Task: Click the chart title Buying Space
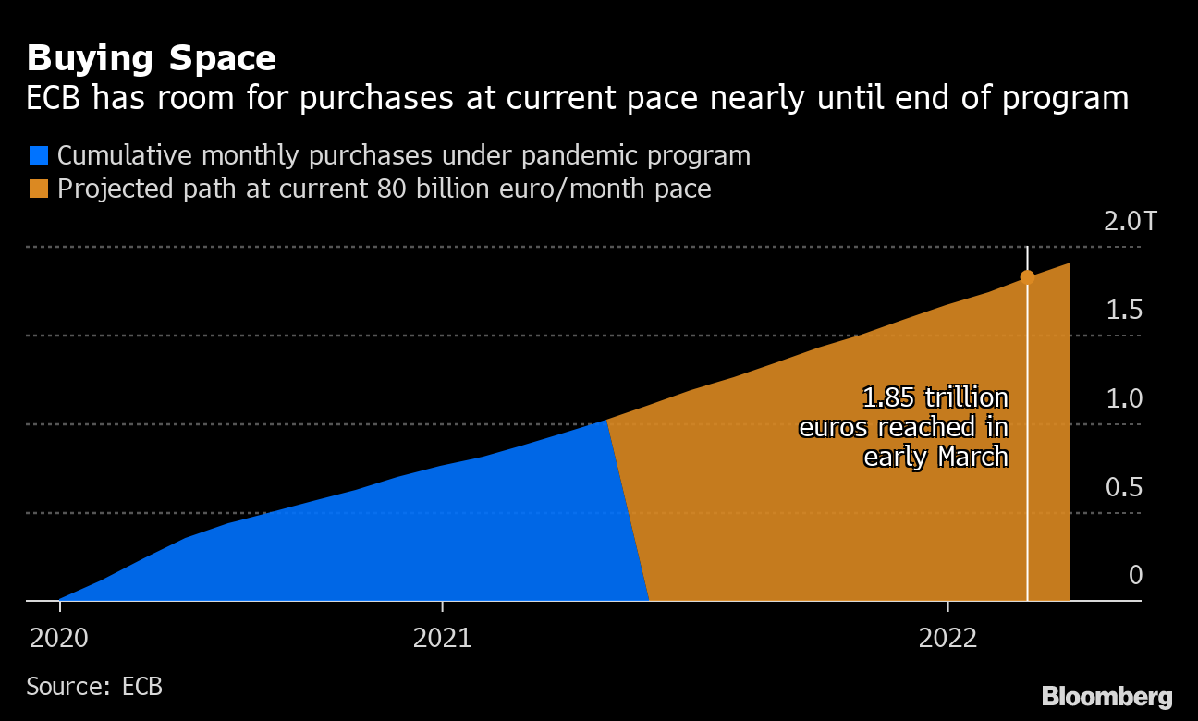click(151, 59)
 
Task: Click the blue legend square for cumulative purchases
click(38, 155)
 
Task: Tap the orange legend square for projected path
click(38, 189)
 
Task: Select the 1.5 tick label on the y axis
click(1124, 311)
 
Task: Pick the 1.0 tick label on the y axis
click(1124, 399)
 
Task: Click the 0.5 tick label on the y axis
click(1124, 487)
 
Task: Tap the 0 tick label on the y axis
click(1135, 576)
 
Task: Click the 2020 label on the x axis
click(60, 638)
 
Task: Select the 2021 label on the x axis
click(443, 638)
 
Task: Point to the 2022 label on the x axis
click(947, 638)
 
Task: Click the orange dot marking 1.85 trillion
click(1027, 277)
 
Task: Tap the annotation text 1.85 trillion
click(935, 398)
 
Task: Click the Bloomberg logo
click(1106, 696)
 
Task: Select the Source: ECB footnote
click(94, 688)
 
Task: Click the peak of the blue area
click(605, 421)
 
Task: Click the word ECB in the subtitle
click(59, 98)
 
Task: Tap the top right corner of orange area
click(1070, 264)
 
